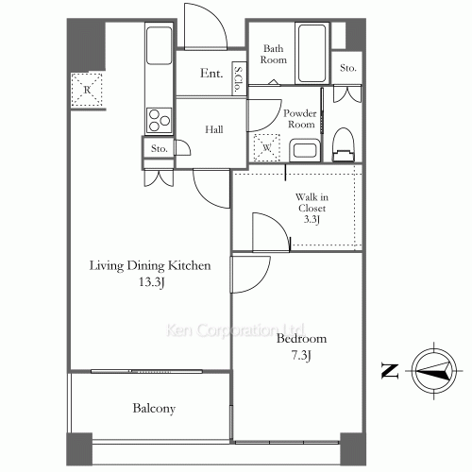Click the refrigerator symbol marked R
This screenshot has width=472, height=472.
coord(87,90)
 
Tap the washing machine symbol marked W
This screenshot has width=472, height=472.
coord(267,147)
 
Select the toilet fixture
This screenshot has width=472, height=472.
coord(344,144)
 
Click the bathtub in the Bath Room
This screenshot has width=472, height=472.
coord(312,53)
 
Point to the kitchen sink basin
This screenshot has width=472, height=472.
coord(160,45)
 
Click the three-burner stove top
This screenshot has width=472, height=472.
coord(160,120)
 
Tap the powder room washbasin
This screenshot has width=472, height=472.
coord(305,150)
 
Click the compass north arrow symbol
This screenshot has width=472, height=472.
coord(434,371)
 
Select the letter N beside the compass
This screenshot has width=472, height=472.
coord(390,371)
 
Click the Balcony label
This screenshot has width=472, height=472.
coord(154,409)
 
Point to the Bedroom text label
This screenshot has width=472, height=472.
coord(301,339)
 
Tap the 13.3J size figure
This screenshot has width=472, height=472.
coord(152,282)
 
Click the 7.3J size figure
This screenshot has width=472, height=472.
coord(301,356)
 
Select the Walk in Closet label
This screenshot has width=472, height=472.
coord(312,203)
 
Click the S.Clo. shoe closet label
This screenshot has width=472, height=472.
coord(240,78)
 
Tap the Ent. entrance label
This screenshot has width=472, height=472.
coord(211,74)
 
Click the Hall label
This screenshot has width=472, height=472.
coord(214,129)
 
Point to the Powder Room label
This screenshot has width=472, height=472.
coord(300,119)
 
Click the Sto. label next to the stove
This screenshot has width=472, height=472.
coord(160,148)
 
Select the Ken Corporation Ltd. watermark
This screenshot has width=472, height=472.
coord(235,330)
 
